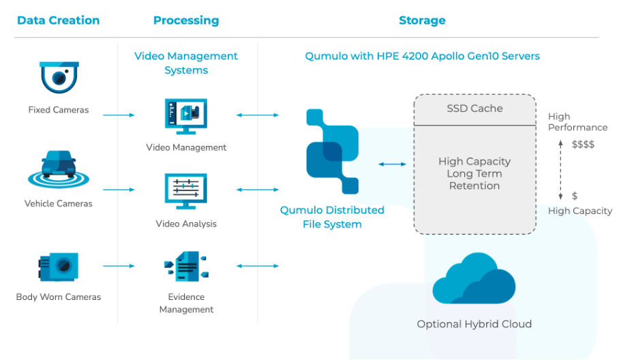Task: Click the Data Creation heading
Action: tap(58, 20)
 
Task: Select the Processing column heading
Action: tap(186, 20)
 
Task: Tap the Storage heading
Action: tap(422, 20)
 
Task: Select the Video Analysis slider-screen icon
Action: tap(186, 190)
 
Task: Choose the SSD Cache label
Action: tap(474, 108)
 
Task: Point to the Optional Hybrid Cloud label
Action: tap(474, 324)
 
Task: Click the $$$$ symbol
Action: tap(583, 145)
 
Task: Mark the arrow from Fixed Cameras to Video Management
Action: tap(119, 115)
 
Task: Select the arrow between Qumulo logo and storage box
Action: tap(392, 164)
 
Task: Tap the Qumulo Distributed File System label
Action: tap(332, 217)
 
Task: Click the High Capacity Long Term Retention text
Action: tap(474, 173)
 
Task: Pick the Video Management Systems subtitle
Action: tap(186, 63)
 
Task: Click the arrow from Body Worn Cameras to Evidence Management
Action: tap(119, 266)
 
